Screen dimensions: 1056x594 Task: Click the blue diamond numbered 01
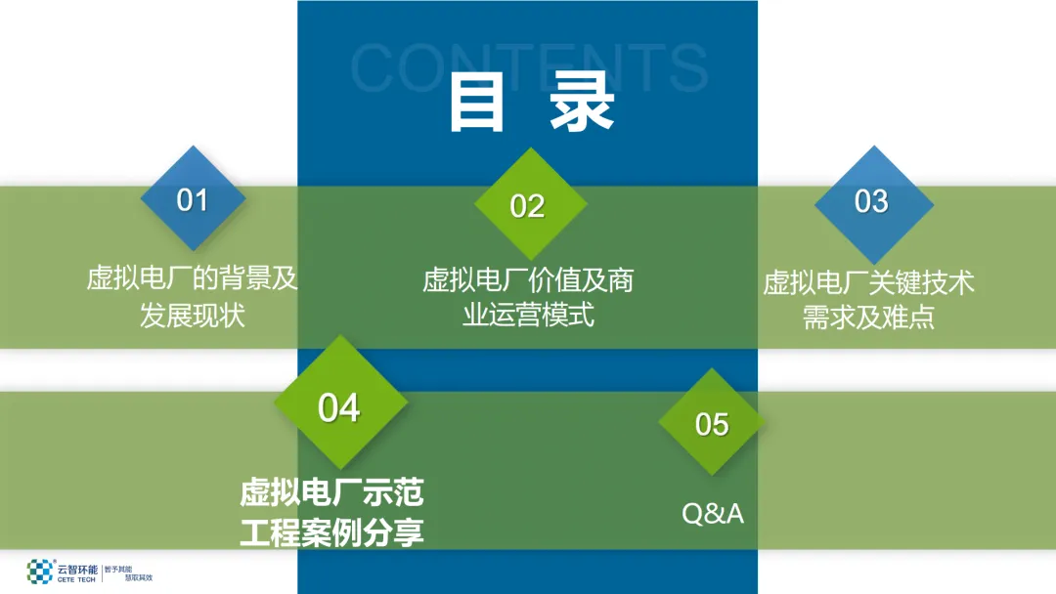pos(192,200)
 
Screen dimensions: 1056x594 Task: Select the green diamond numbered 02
pos(528,205)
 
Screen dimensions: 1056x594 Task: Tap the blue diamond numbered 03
pos(871,201)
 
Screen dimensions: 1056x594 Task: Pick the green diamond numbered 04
pos(339,406)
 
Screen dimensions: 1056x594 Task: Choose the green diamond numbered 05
pos(712,424)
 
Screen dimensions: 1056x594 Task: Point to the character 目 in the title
pos(476,104)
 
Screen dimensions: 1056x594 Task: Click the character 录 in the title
pos(581,104)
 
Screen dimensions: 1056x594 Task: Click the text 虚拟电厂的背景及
pos(192,279)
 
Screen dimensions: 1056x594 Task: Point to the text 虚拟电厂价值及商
pos(528,281)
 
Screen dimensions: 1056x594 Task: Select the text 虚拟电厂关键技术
pos(869,283)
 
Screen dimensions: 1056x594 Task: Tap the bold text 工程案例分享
pos(332,533)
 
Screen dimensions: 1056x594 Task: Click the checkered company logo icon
pos(40,572)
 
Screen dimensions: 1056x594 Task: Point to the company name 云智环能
pos(77,567)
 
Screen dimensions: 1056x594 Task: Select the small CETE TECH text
pos(77,578)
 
